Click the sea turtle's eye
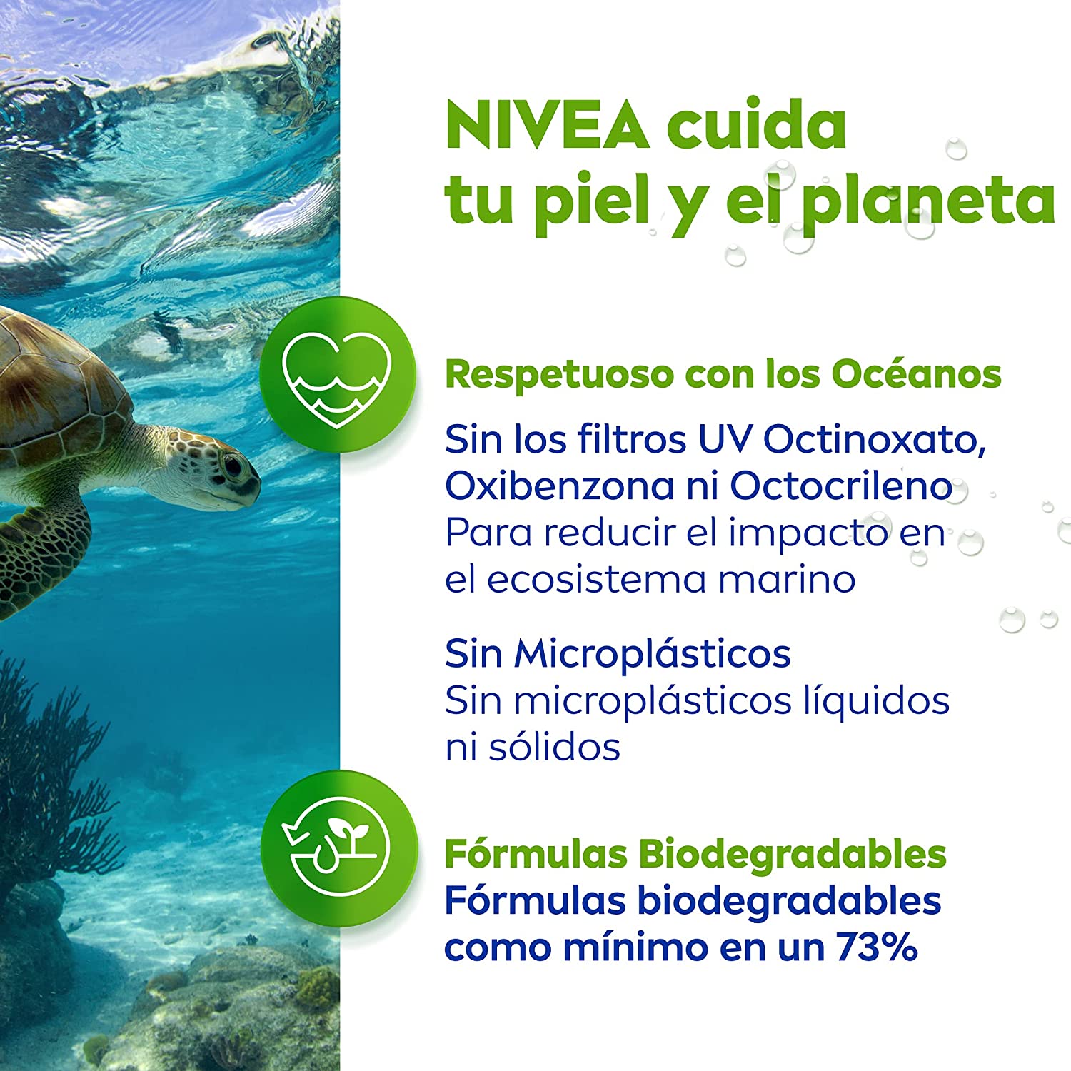click(x=233, y=466)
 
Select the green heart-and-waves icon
click(x=338, y=374)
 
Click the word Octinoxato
click(x=875, y=439)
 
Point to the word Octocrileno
click(x=840, y=486)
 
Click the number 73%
click(x=877, y=947)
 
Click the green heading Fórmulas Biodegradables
click(x=695, y=854)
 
